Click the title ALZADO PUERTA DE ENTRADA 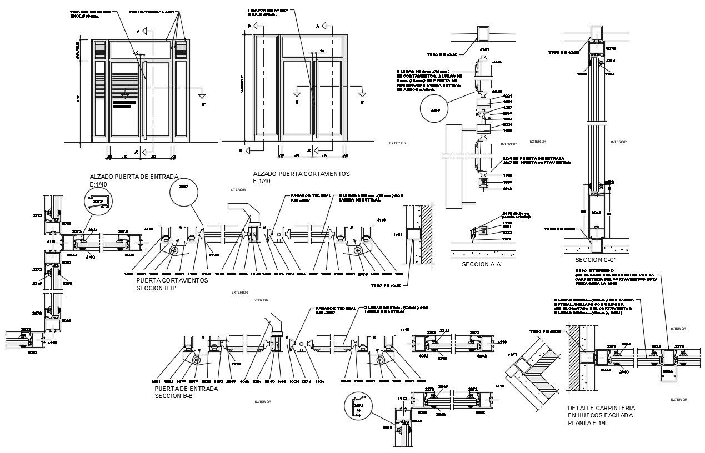[x=134, y=177]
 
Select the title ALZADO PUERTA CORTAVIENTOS [x=301, y=174]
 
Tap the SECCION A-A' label [x=482, y=265]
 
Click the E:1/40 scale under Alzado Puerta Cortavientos [x=262, y=182]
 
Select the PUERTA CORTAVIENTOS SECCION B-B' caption [x=172, y=284]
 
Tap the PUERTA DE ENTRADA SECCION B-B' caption [x=186, y=392]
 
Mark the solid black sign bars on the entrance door [x=128, y=103]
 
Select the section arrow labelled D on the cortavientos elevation [x=252, y=26]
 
